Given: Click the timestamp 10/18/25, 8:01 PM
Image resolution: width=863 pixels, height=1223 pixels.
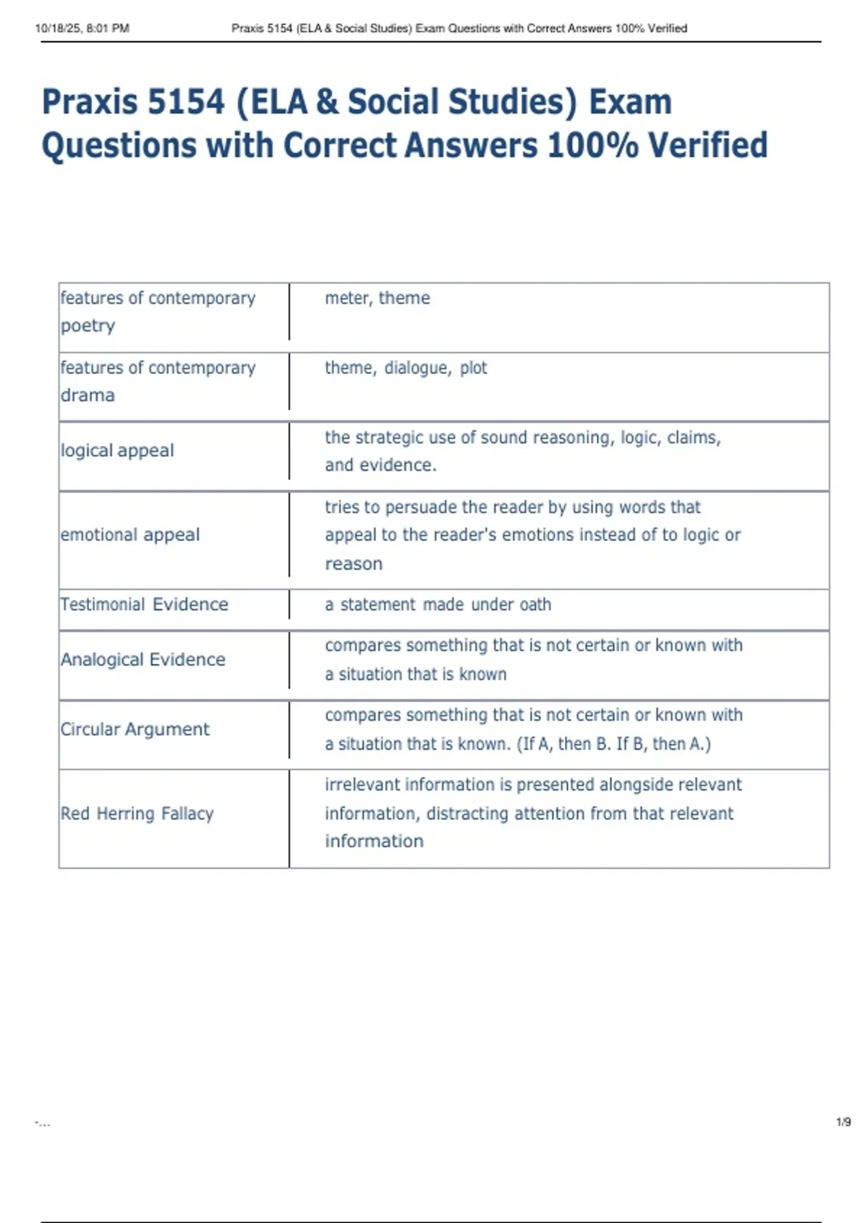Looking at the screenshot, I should pos(82,29).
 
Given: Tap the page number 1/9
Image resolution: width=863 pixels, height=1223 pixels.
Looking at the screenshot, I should pos(843,1122).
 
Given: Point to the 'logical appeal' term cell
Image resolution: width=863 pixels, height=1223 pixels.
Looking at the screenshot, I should pos(117,451).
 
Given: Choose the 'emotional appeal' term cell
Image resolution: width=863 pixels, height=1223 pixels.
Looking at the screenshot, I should pos(130,535).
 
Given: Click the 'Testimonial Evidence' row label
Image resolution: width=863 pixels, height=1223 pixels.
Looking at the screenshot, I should pos(144,604).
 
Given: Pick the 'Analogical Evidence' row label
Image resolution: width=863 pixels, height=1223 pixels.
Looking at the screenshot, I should pos(143,660).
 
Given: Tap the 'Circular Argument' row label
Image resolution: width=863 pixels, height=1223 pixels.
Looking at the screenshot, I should pos(135,729).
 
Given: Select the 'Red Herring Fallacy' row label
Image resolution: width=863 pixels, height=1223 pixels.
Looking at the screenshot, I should pos(137,814).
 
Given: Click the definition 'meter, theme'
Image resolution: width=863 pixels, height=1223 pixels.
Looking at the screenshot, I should pos(377,298).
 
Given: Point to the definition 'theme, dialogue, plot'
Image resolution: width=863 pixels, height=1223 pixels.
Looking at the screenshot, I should pos(406,368).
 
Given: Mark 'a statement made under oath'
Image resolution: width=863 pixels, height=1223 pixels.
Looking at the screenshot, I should pos(438,604).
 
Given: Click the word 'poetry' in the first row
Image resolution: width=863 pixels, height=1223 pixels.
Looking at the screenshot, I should pos(88,326).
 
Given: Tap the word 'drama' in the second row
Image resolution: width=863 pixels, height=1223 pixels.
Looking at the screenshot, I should pos(88,396).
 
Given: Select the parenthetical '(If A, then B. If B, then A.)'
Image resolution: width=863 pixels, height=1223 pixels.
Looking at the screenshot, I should pos(613,744).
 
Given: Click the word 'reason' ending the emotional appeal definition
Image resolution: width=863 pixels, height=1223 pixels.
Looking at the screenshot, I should pos(353,564).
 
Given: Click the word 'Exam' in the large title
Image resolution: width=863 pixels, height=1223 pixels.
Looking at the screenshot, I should pos(630,102).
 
